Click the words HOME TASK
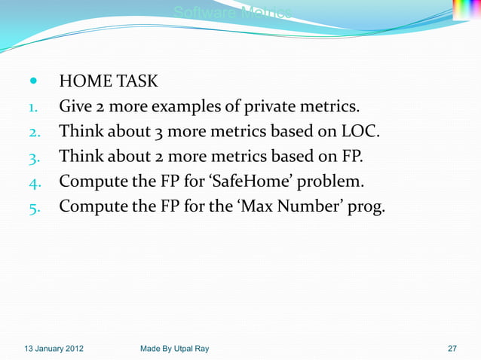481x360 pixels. point(109,81)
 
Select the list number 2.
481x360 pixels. point(34,133)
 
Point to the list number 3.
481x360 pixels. point(34,158)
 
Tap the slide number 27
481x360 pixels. point(452,349)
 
